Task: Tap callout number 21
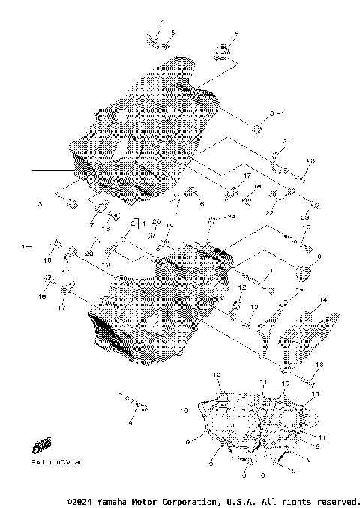coord(286,141)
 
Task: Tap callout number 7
coord(175,215)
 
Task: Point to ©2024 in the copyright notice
coord(80,500)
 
